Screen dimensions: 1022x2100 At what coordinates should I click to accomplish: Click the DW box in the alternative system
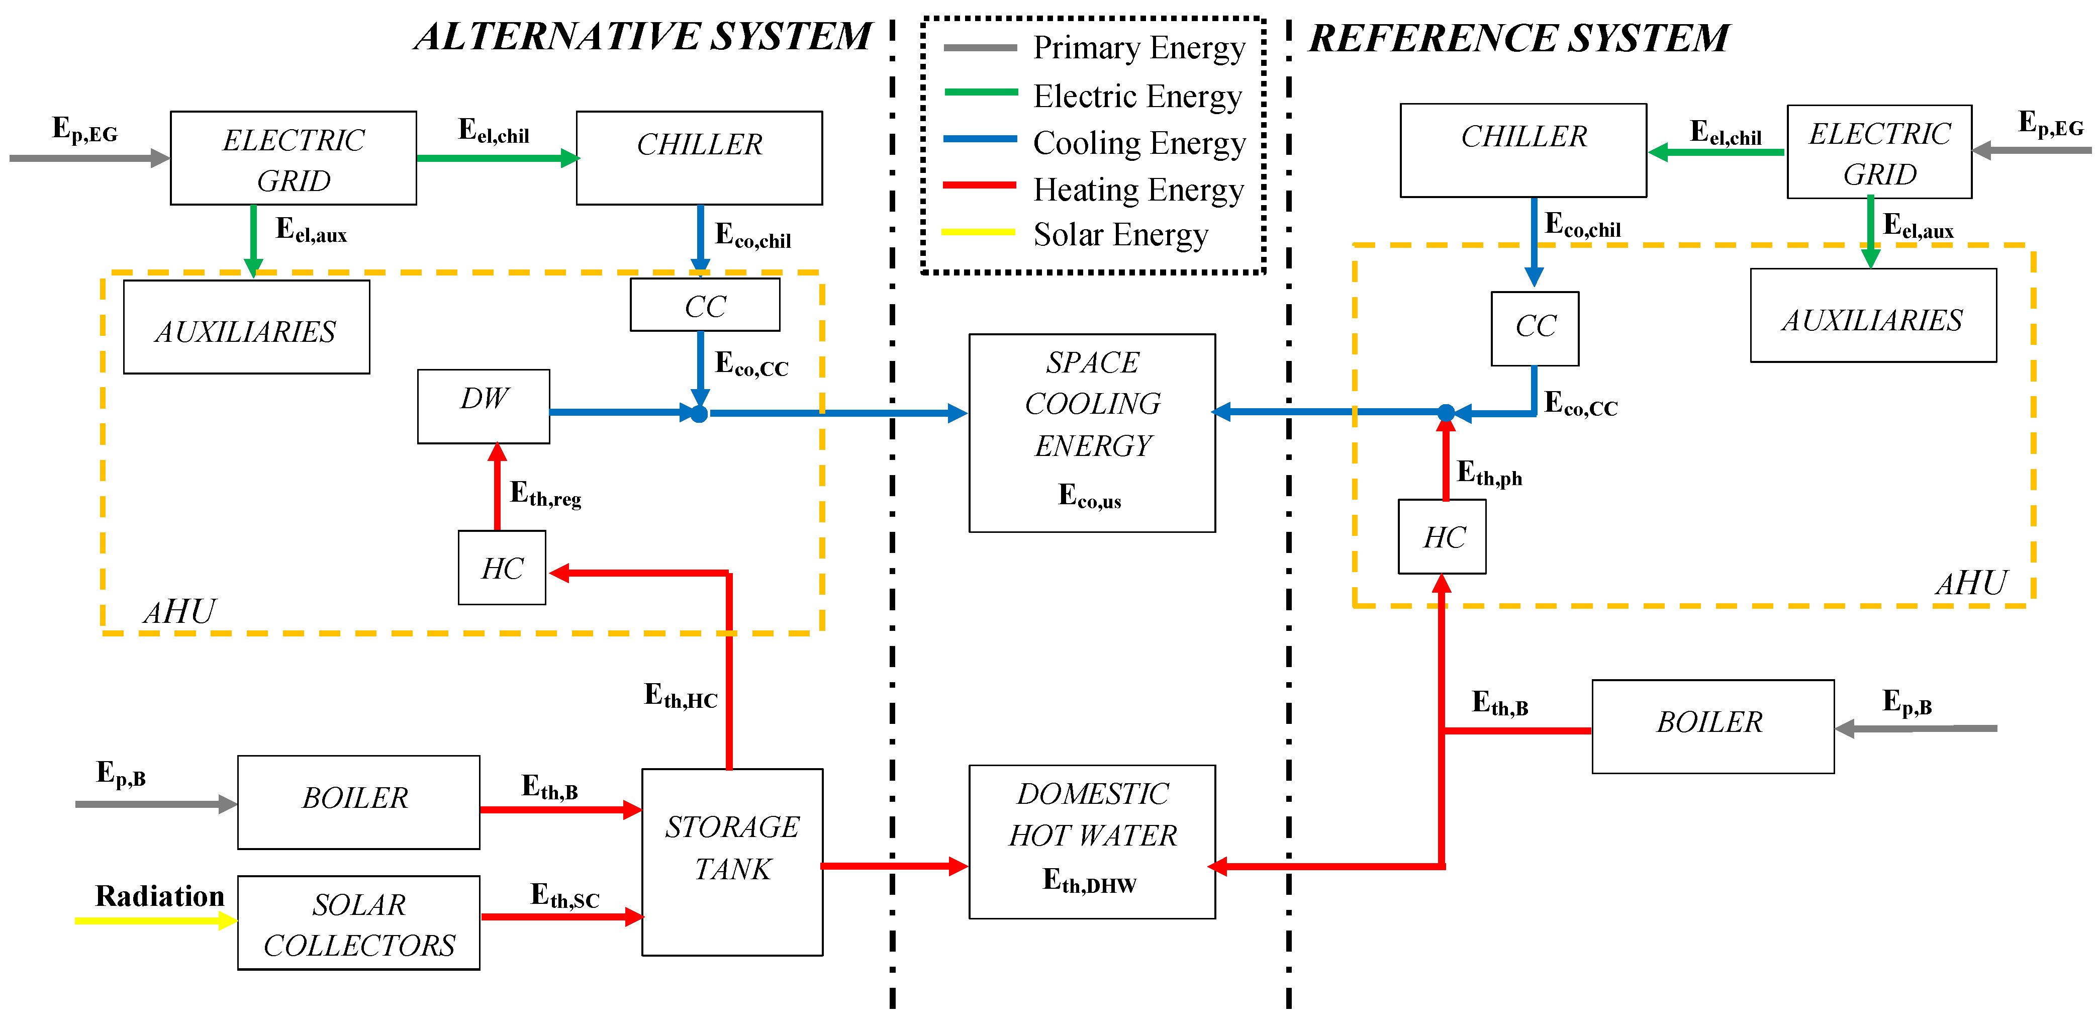point(484,406)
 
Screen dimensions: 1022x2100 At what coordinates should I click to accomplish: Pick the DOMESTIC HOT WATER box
point(1092,841)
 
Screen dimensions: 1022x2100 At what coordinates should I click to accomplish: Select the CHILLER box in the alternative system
point(699,157)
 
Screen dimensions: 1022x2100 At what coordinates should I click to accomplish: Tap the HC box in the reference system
point(1442,537)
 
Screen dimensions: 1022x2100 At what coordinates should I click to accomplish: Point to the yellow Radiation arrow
point(155,920)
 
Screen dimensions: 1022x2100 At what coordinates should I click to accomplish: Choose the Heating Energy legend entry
point(1137,189)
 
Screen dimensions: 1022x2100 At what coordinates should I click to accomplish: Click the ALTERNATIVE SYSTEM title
point(642,37)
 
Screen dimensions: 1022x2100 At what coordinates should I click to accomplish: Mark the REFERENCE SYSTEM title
point(1518,38)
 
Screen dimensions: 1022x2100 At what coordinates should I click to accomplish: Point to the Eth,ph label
point(1489,473)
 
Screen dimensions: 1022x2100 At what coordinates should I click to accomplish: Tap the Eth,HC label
point(680,696)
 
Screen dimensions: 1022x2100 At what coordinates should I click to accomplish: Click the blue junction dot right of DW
point(699,414)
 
